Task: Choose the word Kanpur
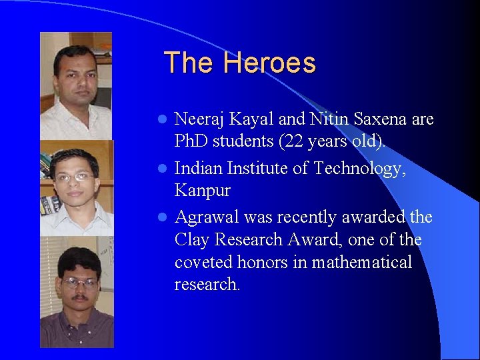(202, 191)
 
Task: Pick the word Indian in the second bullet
(198, 169)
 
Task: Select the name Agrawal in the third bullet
(206, 217)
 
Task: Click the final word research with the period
(207, 285)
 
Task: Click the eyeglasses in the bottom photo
(78, 282)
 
